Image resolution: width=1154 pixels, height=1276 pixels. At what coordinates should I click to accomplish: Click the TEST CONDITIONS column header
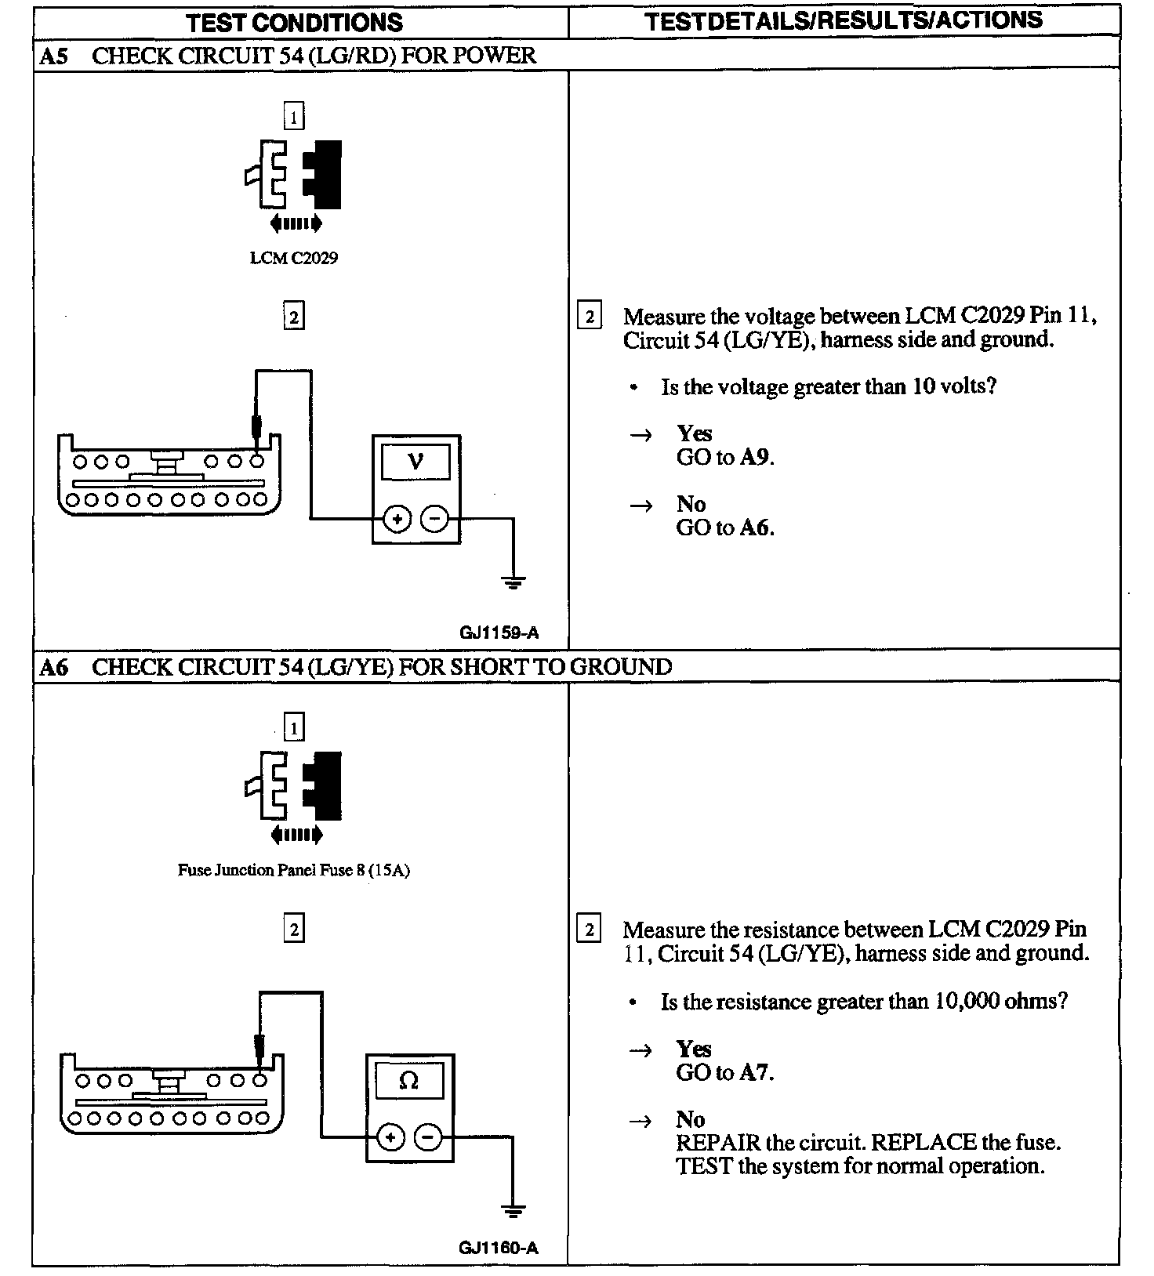[295, 22]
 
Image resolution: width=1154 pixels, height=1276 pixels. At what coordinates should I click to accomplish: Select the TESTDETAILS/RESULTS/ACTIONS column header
[844, 21]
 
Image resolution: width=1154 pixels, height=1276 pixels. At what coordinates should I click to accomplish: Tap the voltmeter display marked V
[416, 462]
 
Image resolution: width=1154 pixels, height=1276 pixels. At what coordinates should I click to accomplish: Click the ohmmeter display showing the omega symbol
[409, 1082]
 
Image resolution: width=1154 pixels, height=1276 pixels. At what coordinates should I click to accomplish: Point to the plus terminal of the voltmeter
[397, 519]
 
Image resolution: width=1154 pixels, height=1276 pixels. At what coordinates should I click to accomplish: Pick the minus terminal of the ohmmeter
[427, 1137]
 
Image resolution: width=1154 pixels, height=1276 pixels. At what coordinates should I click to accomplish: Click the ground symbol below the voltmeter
[513, 582]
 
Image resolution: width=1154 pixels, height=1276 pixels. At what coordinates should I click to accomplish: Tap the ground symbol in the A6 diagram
[513, 1211]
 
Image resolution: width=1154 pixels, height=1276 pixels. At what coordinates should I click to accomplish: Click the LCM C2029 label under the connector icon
[294, 258]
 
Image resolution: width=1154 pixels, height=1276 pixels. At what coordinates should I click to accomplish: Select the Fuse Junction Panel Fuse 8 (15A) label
[294, 870]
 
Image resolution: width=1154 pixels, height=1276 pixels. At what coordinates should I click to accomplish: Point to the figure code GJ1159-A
[499, 633]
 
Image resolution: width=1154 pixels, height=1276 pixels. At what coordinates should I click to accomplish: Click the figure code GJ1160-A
[499, 1249]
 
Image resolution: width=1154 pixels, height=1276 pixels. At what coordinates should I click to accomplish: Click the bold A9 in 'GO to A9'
[756, 458]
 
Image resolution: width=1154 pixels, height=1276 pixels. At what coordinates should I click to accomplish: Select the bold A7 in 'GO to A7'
[756, 1072]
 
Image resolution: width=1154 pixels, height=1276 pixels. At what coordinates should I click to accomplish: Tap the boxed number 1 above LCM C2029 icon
[293, 118]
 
